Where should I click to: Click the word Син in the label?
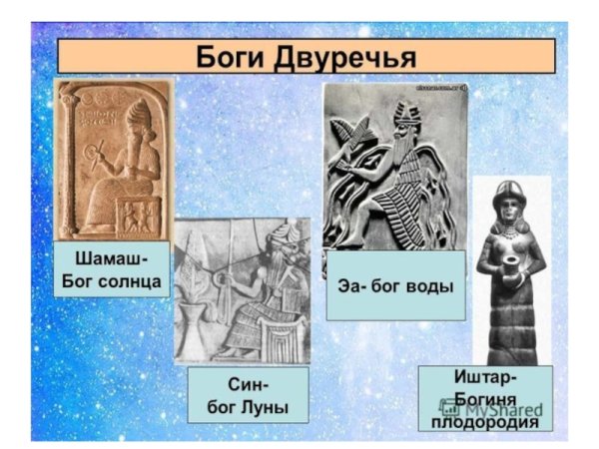pos(232,385)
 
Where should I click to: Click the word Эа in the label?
pos(349,286)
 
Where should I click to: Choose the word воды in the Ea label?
pos(430,286)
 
